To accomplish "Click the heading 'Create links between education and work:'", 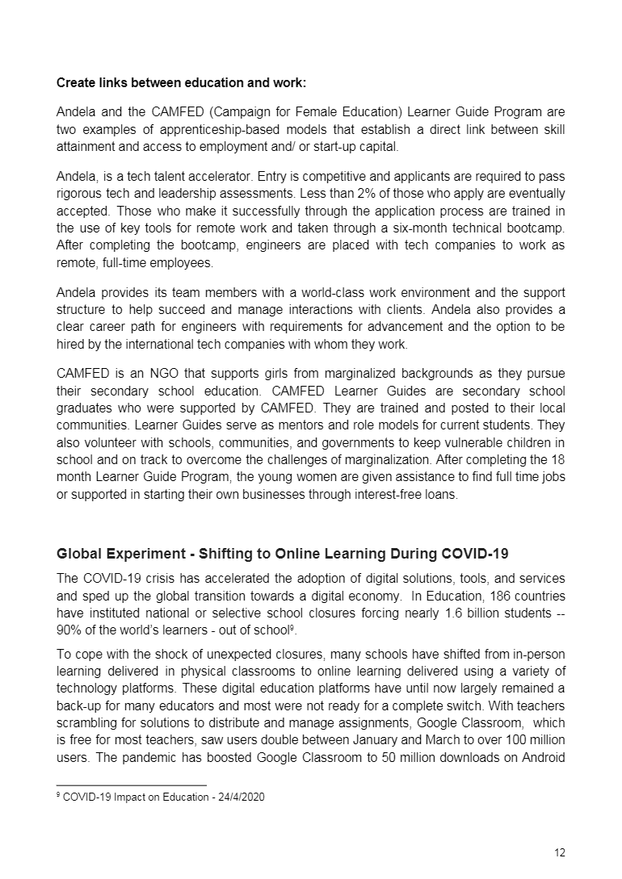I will click(x=181, y=83).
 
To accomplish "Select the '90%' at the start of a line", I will click(x=68, y=629).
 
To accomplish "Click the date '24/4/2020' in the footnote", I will click(x=240, y=797).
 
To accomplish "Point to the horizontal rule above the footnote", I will click(x=132, y=785).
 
